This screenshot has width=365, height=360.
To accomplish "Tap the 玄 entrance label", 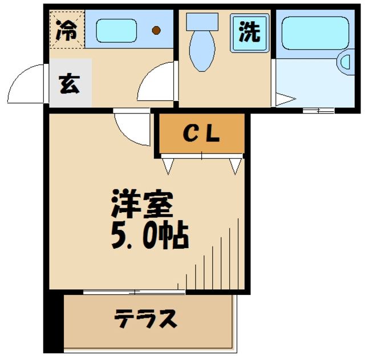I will (x=70, y=84).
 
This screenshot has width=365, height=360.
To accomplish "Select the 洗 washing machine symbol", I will (x=249, y=33).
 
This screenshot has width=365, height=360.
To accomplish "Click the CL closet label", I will (x=201, y=134).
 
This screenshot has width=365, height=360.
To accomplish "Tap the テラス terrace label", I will (x=145, y=319).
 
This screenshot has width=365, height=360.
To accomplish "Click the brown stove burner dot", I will (x=156, y=30).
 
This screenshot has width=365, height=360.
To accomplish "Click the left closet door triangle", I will (x=169, y=165).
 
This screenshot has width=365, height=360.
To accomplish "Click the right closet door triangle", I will (x=235, y=165).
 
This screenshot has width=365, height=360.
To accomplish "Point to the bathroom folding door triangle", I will (x=283, y=100).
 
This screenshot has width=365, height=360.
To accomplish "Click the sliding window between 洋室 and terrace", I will (x=135, y=292).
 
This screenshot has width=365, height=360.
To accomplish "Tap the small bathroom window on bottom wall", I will (x=311, y=110).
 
